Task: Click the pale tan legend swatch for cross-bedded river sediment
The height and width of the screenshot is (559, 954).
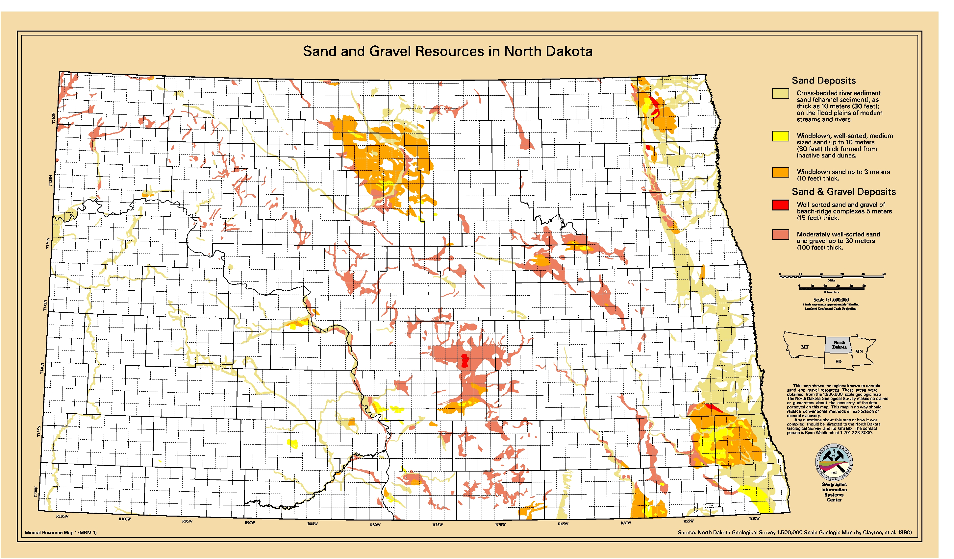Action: pyautogui.click(x=780, y=93)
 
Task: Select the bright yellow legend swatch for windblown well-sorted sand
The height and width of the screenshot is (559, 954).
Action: pyautogui.click(x=780, y=136)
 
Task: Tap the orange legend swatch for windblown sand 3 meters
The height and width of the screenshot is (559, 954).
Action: pyautogui.click(x=780, y=172)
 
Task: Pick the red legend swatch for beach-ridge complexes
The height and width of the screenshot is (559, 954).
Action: pyautogui.click(x=780, y=205)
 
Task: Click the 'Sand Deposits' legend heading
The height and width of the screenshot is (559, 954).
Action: pyautogui.click(x=823, y=80)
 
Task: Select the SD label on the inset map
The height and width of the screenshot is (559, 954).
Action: pyautogui.click(x=838, y=361)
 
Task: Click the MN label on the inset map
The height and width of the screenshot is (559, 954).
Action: pyautogui.click(x=859, y=351)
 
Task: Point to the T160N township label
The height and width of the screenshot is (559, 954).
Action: pyautogui.click(x=53, y=118)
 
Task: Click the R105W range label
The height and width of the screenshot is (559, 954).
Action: pyautogui.click(x=62, y=516)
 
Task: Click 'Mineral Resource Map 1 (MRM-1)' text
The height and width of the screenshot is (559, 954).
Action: pyautogui.click(x=61, y=532)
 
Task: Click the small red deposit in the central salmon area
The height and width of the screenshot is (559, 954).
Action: pyautogui.click(x=464, y=361)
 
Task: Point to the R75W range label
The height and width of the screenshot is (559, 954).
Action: pyautogui.click(x=437, y=524)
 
